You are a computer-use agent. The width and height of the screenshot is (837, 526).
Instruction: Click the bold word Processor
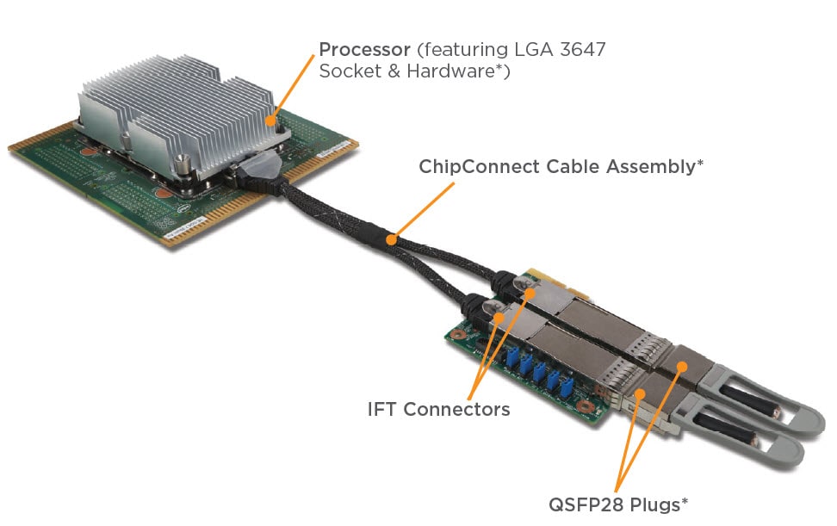[x=363, y=49]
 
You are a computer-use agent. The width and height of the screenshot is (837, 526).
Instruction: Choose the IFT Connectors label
[x=438, y=409]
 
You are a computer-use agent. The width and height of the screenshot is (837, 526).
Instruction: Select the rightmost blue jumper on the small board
[x=566, y=388]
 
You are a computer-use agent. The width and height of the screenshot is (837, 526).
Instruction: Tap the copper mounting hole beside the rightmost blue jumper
[x=586, y=405]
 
